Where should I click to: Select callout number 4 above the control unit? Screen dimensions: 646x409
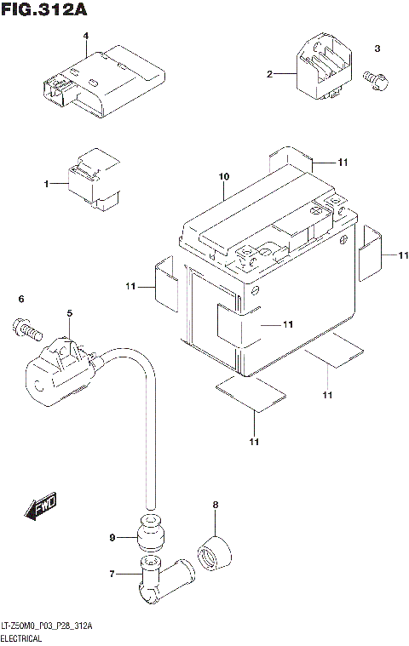pos(86,35)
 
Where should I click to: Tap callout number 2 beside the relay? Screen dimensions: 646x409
pos(270,75)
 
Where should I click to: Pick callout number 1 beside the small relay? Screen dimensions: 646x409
pos(48,183)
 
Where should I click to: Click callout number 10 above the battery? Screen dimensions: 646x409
pos(223,177)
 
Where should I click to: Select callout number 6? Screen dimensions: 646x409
pos(22,298)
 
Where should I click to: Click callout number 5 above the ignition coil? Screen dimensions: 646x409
pos(70,314)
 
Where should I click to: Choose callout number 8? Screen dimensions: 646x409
pos(216,506)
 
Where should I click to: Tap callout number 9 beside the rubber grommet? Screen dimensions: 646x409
pos(112,537)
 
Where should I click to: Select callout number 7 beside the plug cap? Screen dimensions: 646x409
pos(112,575)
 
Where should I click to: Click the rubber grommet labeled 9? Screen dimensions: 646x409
pos(147,535)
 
